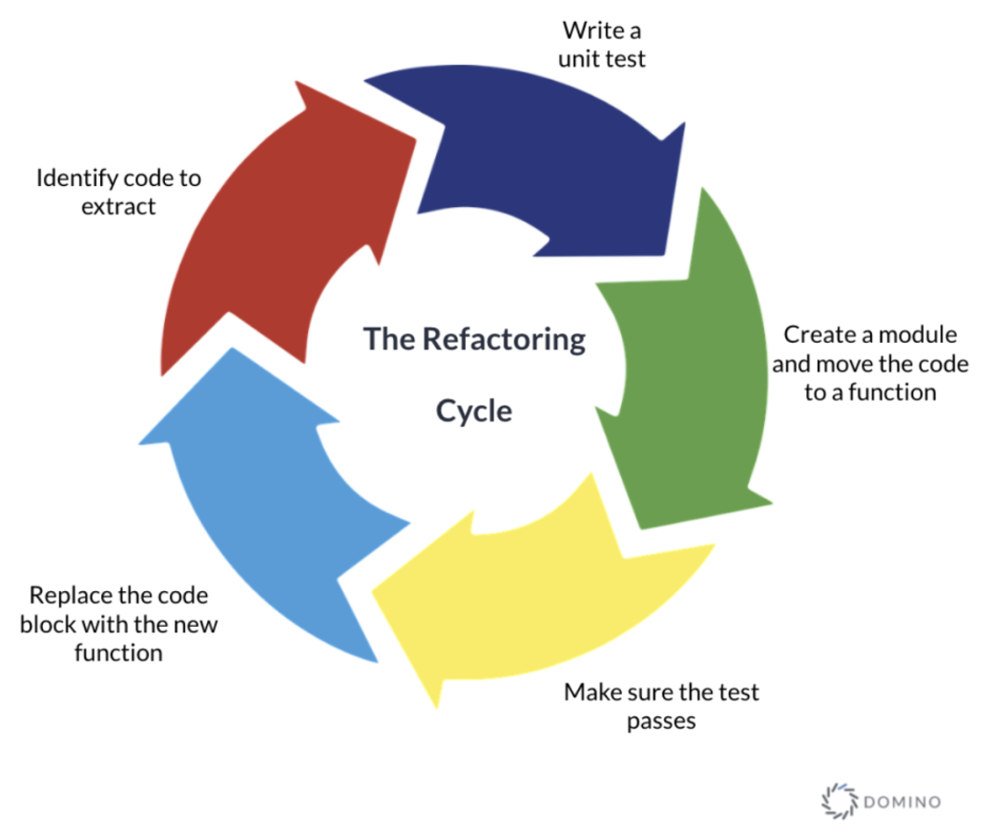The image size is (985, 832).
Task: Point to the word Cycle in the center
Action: pos(473,411)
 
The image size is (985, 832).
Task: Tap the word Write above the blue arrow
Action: pos(587,30)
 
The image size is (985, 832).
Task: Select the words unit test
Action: pos(604,59)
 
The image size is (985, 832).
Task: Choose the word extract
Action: pos(119,206)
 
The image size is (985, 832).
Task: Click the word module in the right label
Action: pos(910,335)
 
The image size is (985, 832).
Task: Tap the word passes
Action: pos(661,721)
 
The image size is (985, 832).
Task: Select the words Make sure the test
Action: pos(661,692)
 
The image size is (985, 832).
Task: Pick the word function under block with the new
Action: pos(119,653)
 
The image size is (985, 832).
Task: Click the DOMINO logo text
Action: pos(901,802)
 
